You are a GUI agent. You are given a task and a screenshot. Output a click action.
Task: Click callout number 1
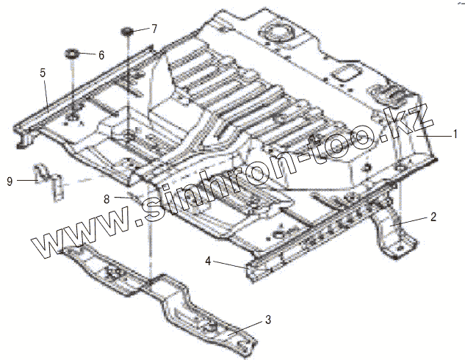455,134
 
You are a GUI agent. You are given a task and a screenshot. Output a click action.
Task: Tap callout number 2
433,217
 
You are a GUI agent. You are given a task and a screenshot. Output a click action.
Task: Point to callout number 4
209,260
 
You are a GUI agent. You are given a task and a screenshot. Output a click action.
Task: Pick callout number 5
43,73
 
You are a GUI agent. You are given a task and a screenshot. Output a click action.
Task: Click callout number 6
101,55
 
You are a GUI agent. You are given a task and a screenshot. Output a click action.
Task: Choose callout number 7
154,29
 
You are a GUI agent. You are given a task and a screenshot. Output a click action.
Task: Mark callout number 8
107,198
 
